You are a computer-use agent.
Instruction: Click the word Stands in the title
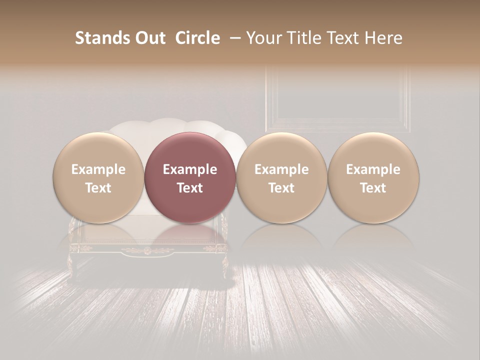[x=98, y=38]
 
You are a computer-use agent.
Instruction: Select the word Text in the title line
[x=340, y=38]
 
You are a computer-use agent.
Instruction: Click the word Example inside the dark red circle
[x=189, y=169]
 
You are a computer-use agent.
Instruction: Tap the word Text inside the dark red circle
[x=189, y=188]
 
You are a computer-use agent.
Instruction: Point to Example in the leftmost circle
[x=98, y=169]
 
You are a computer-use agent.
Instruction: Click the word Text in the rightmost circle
[x=373, y=188]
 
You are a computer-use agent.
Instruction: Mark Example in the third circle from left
[x=281, y=169]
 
